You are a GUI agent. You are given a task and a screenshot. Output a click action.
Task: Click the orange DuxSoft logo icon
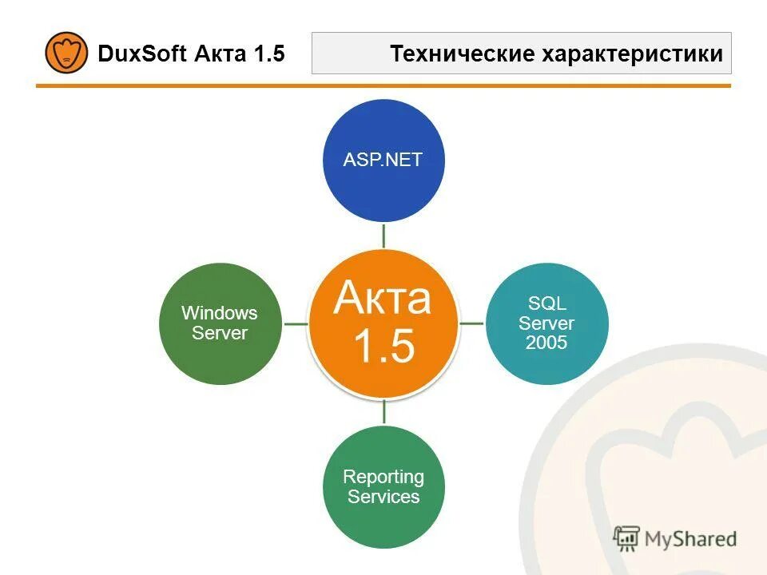[x=66, y=53]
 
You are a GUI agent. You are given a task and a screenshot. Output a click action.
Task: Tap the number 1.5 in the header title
[x=269, y=54]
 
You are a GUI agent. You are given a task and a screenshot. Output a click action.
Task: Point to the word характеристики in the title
[x=633, y=54]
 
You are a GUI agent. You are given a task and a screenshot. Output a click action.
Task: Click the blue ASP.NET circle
[x=383, y=160]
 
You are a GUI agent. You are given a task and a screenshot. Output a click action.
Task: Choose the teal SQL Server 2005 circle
[x=546, y=323]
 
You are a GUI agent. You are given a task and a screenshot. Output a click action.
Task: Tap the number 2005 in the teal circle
[x=546, y=343]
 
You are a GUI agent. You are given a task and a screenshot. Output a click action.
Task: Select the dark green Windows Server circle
[x=220, y=323]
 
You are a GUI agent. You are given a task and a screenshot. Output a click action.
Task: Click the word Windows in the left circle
[x=220, y=313]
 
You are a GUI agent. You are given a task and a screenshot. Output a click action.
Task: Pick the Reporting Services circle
[x=383, y=486]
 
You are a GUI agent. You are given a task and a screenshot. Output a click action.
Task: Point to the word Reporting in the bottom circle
[x=383, y=477]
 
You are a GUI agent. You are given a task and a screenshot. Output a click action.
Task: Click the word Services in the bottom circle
[x=383, y=497]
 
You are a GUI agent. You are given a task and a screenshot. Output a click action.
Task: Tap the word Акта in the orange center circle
[x=383, y=298]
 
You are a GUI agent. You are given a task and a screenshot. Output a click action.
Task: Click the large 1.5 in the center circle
[x=383, y=347]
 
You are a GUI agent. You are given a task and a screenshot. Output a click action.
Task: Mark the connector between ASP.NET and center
[x=383, y=235]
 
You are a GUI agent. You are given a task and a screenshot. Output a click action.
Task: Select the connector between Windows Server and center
[x=296, y=323]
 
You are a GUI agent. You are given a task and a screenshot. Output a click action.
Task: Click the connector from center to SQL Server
[x=472, y=323]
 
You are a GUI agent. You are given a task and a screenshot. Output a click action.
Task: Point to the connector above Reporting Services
[x=384, y=412]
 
